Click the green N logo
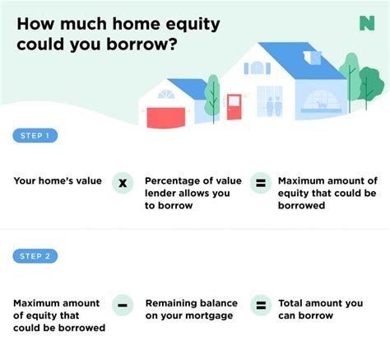click(x=367, y=23)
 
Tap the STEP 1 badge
click(x=35, y=135)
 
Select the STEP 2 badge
click(x=35, y=256)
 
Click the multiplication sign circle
click(x=123, y=183)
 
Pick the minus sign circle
click(x=123, y=304)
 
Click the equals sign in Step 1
click(x=261, y=183)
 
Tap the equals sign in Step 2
click(x=261, y=304)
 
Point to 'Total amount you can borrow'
click(x=320, y=309)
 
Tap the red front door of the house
click(x=234, y=106)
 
